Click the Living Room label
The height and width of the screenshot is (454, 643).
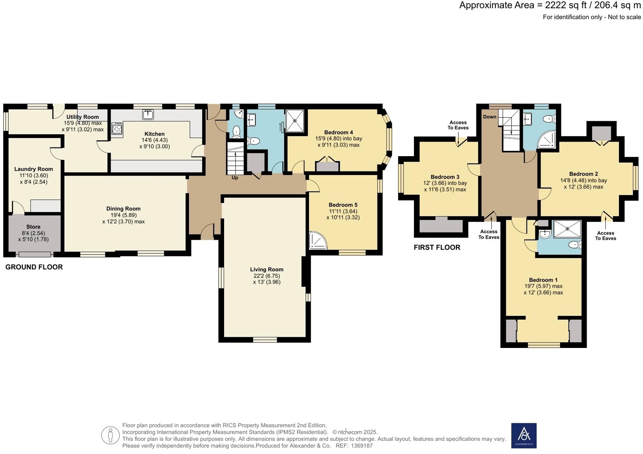[x=266, y=270]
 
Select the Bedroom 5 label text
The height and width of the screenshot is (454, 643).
[x=343, y=205]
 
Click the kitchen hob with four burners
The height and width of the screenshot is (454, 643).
[x=117, y=128]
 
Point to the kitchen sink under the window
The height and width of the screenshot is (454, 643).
[x=148, y=114]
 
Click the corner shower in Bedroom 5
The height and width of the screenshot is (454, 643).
[x=318, y=241]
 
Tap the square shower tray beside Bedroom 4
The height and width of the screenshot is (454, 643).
[x=295, y=121]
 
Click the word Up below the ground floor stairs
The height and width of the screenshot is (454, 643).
[x=234, y=178]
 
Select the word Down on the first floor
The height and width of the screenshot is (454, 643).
[x=489, y=117]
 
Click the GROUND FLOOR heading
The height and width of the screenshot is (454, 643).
[x=34, y=267]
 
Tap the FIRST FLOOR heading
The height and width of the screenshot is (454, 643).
[x=437, y=248]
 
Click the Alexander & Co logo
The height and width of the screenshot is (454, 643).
[x=524, y=435]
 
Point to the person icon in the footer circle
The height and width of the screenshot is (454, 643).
[x=110, y=435]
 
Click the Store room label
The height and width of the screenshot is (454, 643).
[x=33, y=227]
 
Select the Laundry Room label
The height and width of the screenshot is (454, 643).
[x=34, y=169]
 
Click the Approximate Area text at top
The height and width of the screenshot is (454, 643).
[x=550, y=5]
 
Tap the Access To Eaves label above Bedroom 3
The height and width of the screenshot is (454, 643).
[x=458, y=125]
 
